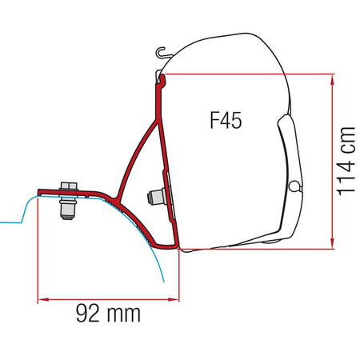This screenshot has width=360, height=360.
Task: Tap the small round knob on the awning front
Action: click(298, 186)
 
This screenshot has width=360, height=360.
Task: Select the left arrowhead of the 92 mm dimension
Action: click(42, 300)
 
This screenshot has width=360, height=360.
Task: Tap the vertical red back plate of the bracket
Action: click(160, 120)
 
